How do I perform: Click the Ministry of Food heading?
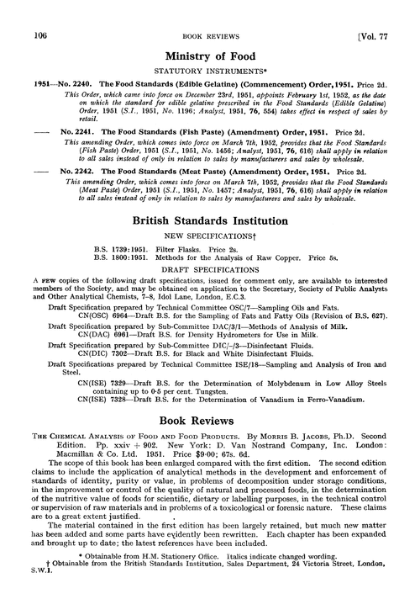(x=210, y=55)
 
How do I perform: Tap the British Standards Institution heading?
(x=210, y=221)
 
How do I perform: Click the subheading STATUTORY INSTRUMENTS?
(x=210, y=70)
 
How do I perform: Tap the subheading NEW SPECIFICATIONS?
(x=210, y=236)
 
